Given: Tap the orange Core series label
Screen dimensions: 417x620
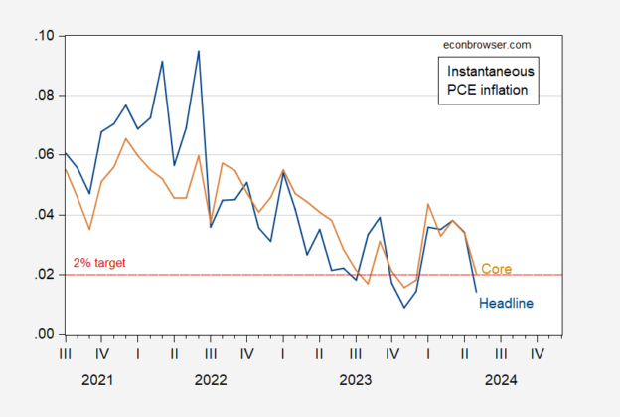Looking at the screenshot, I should pos(496,269).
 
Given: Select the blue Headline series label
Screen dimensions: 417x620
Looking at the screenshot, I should pos(507,302).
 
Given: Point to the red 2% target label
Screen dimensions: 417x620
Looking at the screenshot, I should pos(101,264).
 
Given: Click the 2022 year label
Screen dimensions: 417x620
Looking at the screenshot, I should pos(211,379).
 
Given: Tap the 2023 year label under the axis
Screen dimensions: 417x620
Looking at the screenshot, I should pos(356,379).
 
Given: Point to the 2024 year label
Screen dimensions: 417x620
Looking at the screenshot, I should pos(501,379).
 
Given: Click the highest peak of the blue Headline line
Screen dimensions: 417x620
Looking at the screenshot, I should pos(198,51).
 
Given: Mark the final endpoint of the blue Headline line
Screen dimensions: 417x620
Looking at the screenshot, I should pos(476,291).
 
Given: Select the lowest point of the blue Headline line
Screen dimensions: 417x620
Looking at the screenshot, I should pos(404,307).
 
